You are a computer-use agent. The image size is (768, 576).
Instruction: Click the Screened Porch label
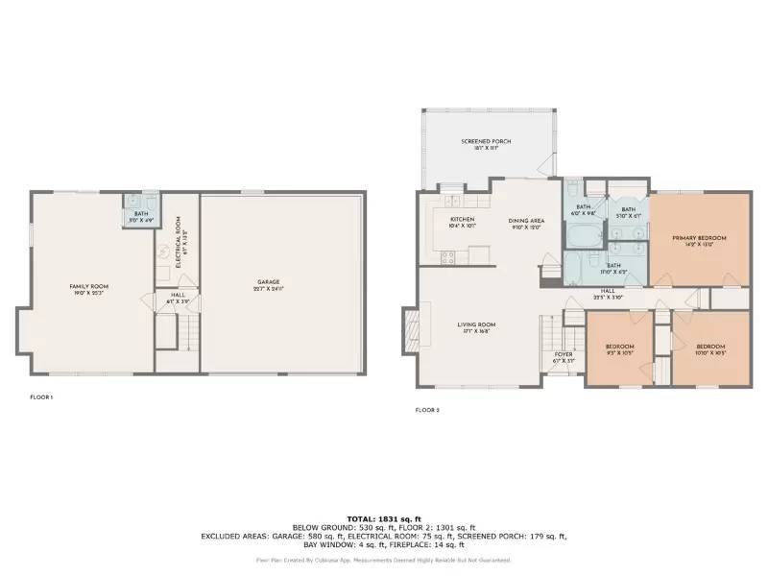(485, 145)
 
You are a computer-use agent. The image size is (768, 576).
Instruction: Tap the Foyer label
(564, 358)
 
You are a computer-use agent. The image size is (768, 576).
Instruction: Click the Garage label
(268, 284)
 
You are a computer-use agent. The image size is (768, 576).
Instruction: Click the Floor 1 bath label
(141, 217)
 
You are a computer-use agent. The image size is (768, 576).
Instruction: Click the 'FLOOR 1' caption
(40, 396)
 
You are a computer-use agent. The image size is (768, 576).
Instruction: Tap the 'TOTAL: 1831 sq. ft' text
(384, 517)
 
